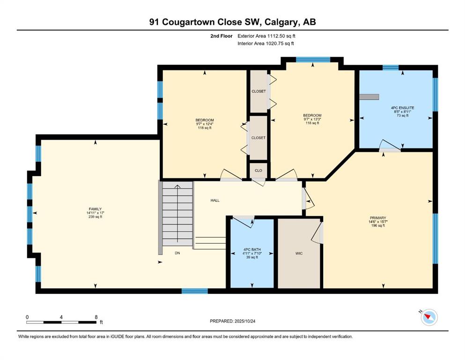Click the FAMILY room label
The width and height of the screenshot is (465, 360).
95,209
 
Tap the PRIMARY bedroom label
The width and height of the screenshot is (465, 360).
378,218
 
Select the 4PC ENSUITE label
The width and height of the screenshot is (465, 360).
402,108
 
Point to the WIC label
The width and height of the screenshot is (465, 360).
299,254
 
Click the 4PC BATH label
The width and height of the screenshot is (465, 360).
252,249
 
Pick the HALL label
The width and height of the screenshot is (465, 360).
215,200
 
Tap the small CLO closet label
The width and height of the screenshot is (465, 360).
258,170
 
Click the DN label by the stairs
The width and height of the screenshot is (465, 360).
177,253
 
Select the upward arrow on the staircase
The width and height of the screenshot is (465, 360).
177,214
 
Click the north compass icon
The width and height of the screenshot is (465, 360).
429,317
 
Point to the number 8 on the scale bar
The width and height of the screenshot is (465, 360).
96,317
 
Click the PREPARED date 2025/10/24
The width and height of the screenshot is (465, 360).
245,321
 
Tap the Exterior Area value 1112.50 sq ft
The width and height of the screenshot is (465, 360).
281,36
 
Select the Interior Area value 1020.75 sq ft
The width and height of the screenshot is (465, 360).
280,43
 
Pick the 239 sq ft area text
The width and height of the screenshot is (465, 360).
95,217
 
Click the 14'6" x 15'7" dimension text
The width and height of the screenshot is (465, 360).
378,222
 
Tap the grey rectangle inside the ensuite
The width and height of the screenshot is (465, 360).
369,97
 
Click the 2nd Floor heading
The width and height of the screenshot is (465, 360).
221,36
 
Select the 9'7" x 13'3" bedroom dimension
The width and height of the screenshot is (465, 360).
312,119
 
